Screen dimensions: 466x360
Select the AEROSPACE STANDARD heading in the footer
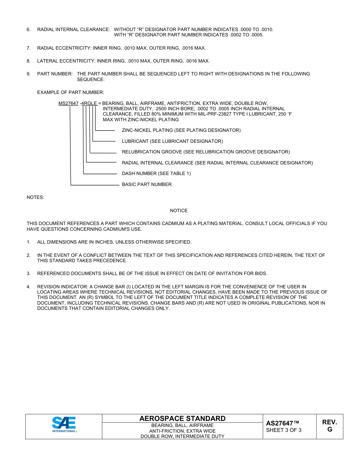pos(182,419)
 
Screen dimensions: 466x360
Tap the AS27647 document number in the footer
pos(282,423)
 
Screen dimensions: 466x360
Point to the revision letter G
pos(330,430)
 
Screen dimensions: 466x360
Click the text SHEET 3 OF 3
pos(284,430)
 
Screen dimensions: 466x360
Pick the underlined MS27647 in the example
pos(69,103)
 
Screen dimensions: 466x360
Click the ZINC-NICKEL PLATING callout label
pos(181,130)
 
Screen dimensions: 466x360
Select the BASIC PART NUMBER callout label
pos(147,185)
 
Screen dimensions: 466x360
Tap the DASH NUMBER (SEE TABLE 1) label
pos(156,174)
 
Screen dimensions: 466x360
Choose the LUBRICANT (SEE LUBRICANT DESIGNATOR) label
pos(172,141)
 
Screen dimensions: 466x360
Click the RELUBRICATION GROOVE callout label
pos(206,152)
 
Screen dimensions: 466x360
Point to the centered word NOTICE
pos(179,211)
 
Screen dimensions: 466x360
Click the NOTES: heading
pos(35,197)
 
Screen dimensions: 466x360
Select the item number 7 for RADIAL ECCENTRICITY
pos(28,48)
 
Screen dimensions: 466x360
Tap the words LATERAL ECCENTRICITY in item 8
pos(66,61)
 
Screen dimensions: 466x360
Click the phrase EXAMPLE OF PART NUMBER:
pos(70,92)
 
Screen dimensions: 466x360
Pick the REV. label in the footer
pos(330,422)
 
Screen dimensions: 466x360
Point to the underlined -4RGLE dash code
pos(88,103)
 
